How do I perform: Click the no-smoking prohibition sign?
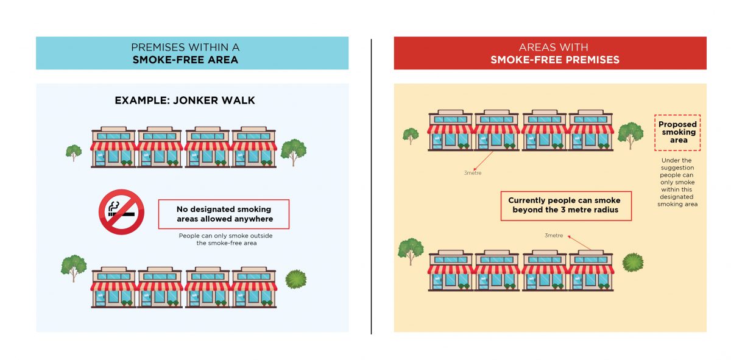tap(121, 212)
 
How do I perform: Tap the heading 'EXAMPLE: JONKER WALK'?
tap(185, 101)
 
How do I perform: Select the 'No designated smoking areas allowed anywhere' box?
tap(224, 214)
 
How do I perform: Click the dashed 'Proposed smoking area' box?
tap(678, 132)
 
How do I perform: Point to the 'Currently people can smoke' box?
tap(564, 205)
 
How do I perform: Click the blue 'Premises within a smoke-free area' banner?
tap(192, 53)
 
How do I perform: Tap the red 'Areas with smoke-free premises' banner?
tap(549, 53)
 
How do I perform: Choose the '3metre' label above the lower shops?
tap(554, 235)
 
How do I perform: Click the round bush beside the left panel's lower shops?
tap(296, 279)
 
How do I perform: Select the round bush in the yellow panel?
tap(632, 263)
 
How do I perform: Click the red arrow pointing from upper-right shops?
tap(484, 161)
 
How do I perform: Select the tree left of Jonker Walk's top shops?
tap(74, 152)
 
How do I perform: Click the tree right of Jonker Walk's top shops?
tap(293, 150)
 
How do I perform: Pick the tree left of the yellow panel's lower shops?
tap(410, 250)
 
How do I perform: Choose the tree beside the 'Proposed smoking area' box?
tap(630, 135)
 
